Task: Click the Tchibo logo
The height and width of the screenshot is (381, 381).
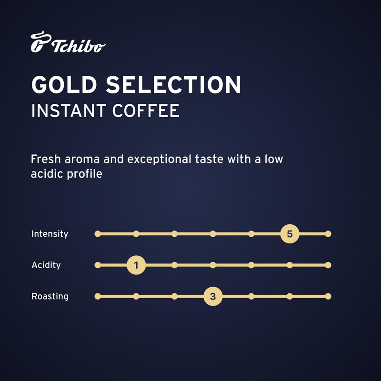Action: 68,43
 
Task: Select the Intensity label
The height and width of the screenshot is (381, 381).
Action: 50,234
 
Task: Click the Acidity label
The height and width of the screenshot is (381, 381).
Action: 46,265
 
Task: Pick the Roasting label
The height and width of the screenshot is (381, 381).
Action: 50,296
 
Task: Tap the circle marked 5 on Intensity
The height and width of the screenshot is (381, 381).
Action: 290,234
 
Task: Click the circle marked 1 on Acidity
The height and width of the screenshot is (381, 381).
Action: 136,265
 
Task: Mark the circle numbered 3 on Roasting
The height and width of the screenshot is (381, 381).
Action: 213,296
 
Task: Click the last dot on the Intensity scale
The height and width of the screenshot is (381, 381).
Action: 328,234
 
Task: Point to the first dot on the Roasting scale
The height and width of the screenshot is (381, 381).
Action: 98,296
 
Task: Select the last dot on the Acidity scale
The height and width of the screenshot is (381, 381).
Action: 328,265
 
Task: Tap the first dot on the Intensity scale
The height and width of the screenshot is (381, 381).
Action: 98,234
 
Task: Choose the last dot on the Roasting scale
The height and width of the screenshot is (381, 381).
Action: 328,296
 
